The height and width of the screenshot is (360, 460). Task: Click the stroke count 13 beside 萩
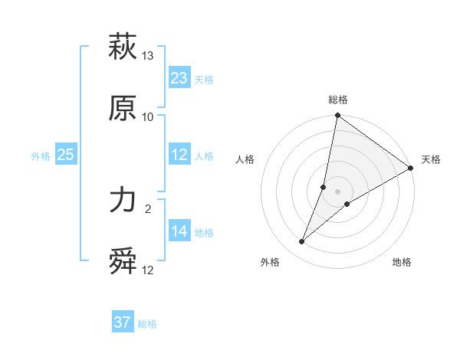click(148, 56)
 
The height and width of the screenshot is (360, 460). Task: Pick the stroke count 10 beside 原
click(148, 117)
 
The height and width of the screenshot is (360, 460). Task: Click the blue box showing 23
click(179, 78)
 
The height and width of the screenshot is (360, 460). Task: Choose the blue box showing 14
click(179, 231)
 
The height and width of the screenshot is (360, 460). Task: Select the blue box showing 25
click(66, 155)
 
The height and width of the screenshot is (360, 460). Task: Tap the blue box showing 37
click(123, 322)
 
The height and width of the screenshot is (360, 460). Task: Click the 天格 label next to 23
click(204, 80)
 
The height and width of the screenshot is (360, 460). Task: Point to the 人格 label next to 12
click(204, 156)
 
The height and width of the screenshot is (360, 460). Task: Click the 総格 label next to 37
click(147, 324)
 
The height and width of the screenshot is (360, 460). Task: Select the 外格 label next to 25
click(41, 156)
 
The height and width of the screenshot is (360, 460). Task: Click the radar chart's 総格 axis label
click(338, 100)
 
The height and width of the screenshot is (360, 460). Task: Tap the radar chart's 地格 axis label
click(402, 262)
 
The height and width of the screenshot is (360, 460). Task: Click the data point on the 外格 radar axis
click(302, 242)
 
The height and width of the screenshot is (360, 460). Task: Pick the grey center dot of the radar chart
click(338, 191)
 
